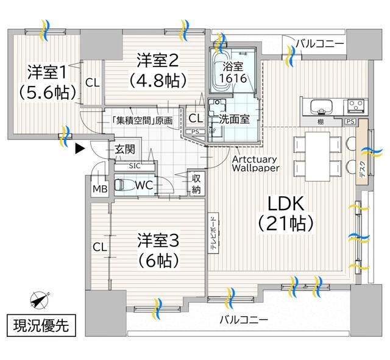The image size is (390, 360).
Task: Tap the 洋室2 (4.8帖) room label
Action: [157, 69]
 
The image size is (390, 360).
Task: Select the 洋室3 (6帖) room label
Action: [157, 250]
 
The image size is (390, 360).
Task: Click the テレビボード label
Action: [213, 235]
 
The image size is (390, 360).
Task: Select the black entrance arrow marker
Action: [78, 147]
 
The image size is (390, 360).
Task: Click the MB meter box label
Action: [99, 189]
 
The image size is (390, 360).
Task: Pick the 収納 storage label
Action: [196, 184]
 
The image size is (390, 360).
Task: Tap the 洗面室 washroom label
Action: [235, 119]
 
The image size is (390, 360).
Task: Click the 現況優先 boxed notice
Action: [42, 325]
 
